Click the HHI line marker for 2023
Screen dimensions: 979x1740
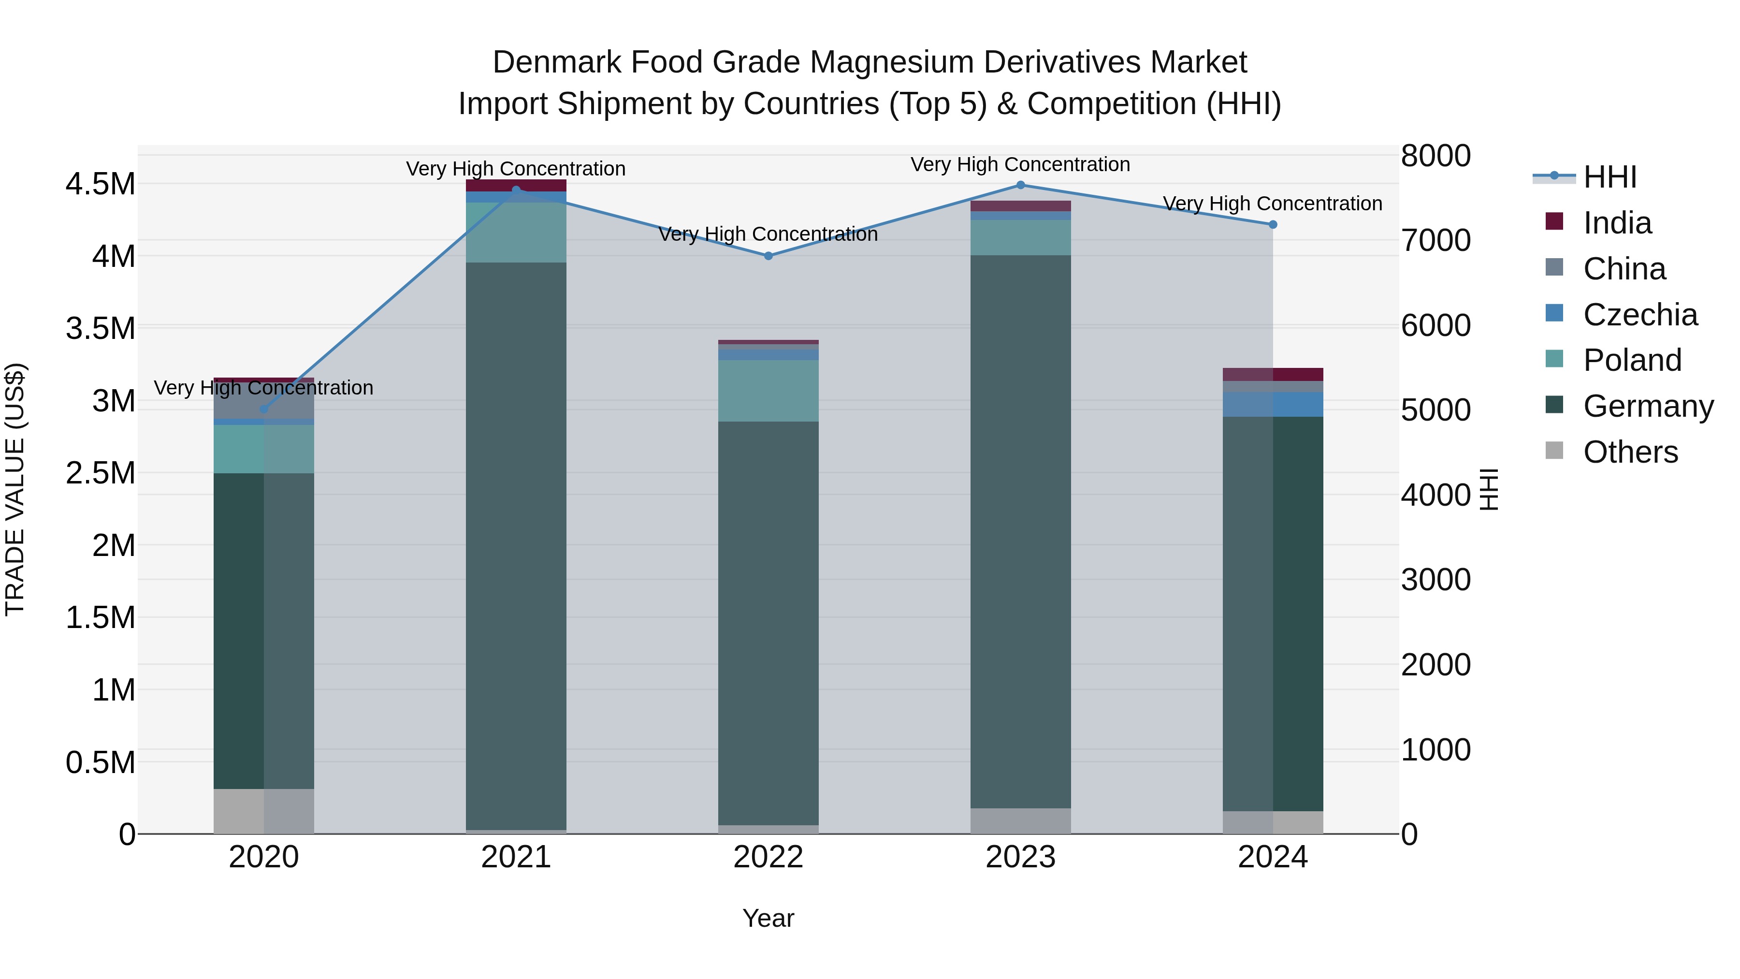coord(1021,185)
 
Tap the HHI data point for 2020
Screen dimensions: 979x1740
coord(263,409)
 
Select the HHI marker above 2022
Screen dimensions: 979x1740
coord(768,256)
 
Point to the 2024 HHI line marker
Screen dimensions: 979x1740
coord(1273,224)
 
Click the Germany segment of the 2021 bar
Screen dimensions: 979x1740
coord(516,541)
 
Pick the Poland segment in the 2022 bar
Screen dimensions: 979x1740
coord(768,391)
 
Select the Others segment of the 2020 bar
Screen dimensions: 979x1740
coord(263,811)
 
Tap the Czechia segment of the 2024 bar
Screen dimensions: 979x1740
coord(1273,404)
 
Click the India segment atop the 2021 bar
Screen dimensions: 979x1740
coord(516,186)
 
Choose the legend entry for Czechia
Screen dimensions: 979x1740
coord(1639,315)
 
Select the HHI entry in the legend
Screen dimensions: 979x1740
coord(1609,177)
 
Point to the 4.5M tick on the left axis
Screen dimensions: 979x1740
coord(100,184)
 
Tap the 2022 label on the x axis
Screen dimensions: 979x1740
coord(768,857)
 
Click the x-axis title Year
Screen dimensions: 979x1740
coord(768,918)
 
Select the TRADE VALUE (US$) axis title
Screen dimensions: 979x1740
coord(15,489)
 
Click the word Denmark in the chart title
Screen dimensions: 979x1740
coord(557,62)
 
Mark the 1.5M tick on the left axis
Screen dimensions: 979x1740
coord(100,617)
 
